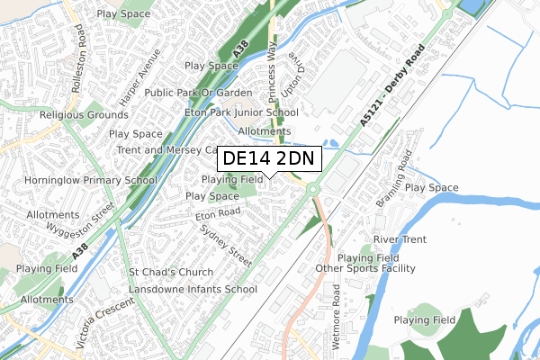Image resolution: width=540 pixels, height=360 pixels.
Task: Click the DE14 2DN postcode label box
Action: pos(267,158)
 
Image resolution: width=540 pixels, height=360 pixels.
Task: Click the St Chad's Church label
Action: pos(171,273)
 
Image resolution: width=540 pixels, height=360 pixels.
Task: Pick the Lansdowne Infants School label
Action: pos(192,290)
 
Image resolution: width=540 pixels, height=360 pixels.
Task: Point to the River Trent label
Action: pos(399,240)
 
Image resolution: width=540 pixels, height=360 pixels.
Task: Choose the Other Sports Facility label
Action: pos(365,269)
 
